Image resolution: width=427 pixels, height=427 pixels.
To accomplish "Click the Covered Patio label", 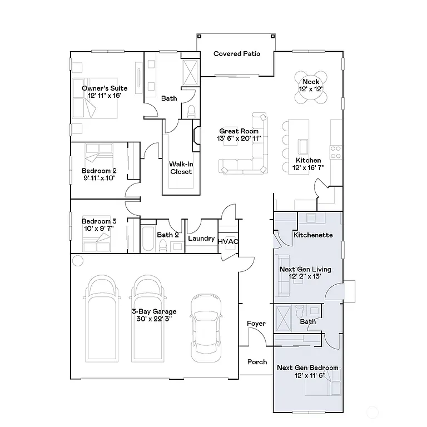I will pyautogui.click(x=237, y=54).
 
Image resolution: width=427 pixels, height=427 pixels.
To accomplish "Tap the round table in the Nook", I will pyautogui.click(x=311, y=87).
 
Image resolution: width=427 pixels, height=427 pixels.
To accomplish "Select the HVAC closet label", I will pyautogui.click(x=228, y=242).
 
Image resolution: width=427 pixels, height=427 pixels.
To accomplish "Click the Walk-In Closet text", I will pyautogui.click(x=181, y=168).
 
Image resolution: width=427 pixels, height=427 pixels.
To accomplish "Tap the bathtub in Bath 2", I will pyautogui.click(x=148, y=239).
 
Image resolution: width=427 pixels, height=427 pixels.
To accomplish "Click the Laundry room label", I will pyautogui.click(x=201, y=239).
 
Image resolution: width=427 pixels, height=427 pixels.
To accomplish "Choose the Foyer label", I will pyautogui.click(x=256, y=324).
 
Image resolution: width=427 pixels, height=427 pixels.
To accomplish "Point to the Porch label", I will pyautogui.click(x=257, y=362).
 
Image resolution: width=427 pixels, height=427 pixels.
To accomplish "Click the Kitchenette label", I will pyautogui.click(x=313, y=235).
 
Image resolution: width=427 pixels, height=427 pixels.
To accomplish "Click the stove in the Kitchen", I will pyautogui.click(x=336, y=148).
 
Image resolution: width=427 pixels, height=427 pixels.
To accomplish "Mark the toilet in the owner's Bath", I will pyautogui.click(x=191, y=111).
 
